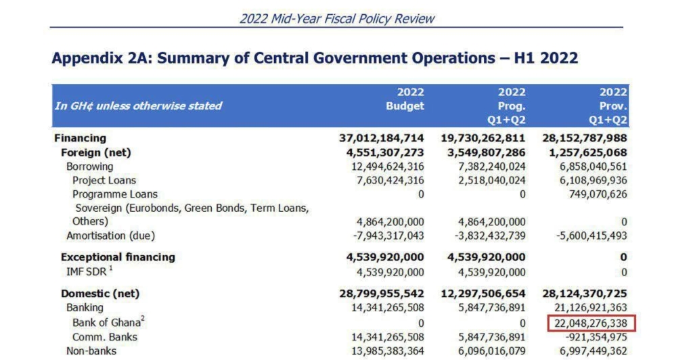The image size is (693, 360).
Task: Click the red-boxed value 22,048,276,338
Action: (x=592, y=323)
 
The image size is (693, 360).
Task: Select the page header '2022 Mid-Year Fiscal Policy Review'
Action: (x=337, y=18)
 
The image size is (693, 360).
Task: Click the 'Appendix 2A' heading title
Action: (x=315, y=58)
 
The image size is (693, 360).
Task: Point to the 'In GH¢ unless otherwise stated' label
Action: (x=138, y=106)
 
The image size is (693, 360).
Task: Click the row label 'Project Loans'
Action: (x=104, y=180)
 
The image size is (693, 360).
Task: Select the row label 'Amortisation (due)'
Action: (x=110, y=235)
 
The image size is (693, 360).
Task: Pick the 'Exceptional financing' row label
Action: (x=118, y=257)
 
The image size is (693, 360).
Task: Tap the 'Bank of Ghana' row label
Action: (x=108, y=323)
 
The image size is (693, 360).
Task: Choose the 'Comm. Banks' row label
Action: (x=105, y=337)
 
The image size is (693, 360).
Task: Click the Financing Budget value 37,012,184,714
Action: (x=382, y=138)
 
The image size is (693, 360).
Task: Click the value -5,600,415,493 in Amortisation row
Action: (x=585, y=235)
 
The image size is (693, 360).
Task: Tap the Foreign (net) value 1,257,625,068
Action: (x=585, y=152)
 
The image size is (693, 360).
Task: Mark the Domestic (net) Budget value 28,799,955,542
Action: (x=382, y=294)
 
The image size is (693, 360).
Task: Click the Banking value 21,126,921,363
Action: (x=585, y=308)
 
